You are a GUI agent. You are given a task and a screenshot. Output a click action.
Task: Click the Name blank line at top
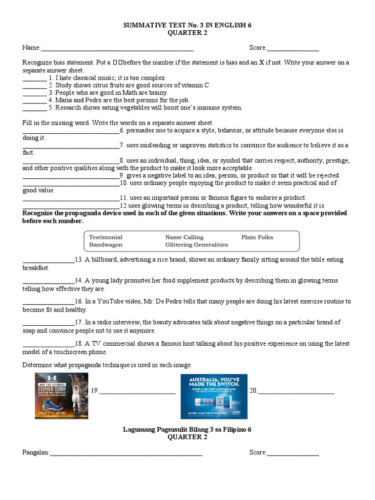[117, 48]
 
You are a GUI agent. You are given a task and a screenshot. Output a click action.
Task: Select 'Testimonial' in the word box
[105, 237]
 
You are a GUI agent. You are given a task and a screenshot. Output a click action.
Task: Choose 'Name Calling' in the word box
[184, 237]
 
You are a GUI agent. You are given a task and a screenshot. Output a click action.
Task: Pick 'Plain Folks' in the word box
[257, 237]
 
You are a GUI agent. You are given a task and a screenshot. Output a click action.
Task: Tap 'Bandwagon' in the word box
[105, 245]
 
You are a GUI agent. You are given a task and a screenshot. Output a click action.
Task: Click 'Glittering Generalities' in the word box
[196, 245]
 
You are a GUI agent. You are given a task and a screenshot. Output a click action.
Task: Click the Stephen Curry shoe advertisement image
[62, 396]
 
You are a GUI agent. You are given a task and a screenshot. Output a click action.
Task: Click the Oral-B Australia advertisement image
[214, 396]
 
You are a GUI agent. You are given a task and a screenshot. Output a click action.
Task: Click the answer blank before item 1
[34, 78]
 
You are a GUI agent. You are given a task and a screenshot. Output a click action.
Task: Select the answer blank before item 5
[34, 108]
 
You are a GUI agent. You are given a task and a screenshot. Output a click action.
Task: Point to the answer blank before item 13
[48, 260]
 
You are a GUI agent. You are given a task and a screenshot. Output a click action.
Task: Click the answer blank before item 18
[48, 344]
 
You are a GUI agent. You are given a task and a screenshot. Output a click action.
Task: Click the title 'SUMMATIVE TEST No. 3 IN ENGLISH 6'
[187, 25]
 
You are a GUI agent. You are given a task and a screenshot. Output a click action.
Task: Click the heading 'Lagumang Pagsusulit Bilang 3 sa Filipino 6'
[187, 430]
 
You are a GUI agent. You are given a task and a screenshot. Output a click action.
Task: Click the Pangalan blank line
[126, 453]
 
